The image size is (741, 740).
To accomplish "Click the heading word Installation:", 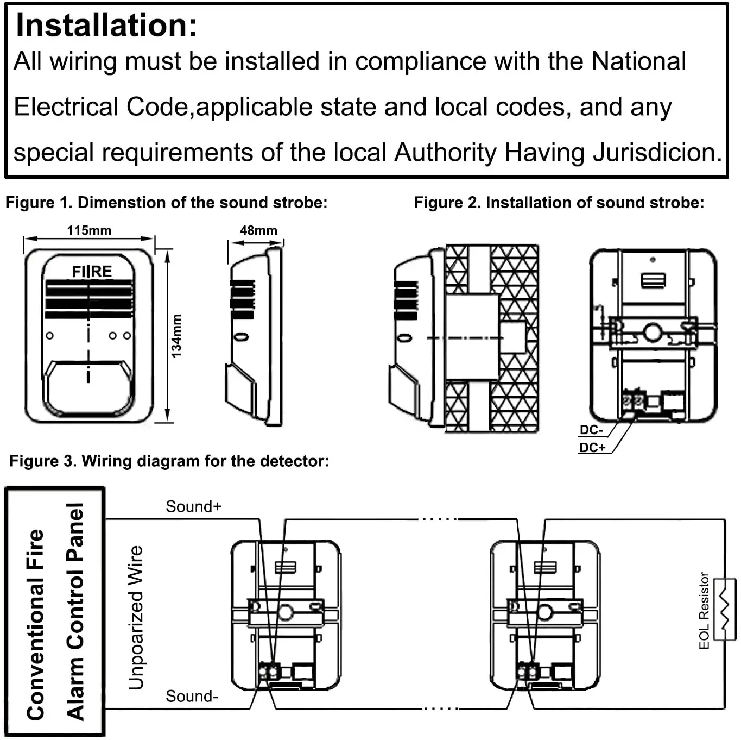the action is [x=106, y=26].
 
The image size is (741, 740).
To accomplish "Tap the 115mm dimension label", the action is [x=89, y=230].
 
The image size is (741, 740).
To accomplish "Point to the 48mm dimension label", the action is [x=258, y=230].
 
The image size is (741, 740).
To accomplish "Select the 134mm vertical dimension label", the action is [x=176, y=336].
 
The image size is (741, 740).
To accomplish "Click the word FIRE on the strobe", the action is [x=92, y=272].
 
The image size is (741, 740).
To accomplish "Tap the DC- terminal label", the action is [x=591, y=430].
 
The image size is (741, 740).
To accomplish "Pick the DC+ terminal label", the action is [x=593, y=447].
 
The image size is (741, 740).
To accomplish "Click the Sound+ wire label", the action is [x=194, y=506].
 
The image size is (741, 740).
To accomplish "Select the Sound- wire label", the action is [x=192, y=696].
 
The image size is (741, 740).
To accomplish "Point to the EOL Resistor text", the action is [x=704, y=611].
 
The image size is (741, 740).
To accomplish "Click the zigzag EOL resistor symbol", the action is [x=725, y=610].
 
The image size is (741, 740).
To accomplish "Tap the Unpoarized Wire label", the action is [x=136, y=618].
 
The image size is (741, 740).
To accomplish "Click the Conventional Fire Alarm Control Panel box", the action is [x=55, y=612].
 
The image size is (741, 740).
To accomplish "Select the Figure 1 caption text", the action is [x=167, y=203].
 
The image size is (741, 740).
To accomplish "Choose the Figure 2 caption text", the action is [x=559, y=203].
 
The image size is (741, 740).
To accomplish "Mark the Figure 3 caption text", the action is [x=169, y=461].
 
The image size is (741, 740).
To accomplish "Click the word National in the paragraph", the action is [x=638, y=61].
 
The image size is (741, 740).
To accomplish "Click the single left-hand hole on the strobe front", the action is [x=49, y=336].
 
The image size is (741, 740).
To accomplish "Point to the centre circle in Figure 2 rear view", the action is [x=653, y=333].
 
